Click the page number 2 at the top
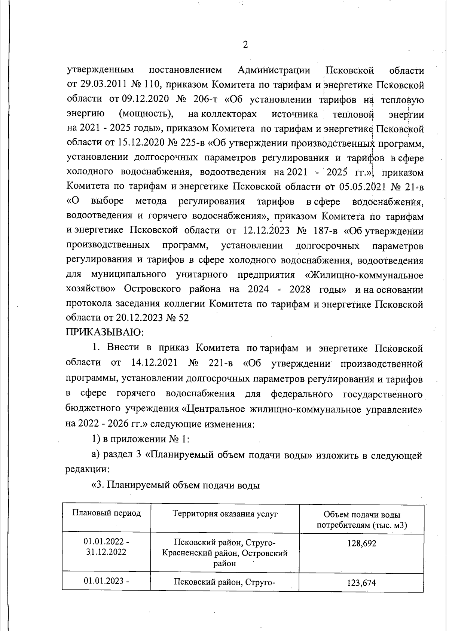click(245, 45)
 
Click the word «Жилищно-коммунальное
click(364, 275)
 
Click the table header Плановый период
click(106, 513)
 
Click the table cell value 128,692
click(361, 543)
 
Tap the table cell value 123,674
click(361, 582)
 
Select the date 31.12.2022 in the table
click(106, 552)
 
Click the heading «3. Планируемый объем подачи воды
click(176, 485)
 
